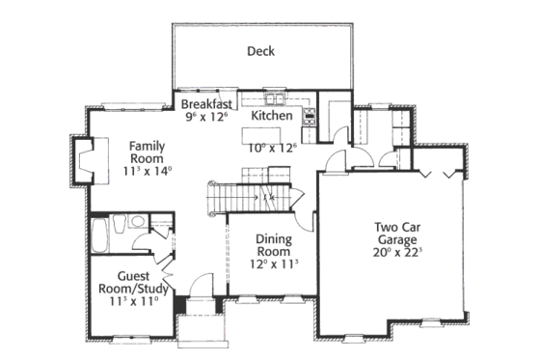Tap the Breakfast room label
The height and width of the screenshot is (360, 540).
[x=204, y=103]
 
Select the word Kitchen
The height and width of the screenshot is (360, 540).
[x=272, y=116]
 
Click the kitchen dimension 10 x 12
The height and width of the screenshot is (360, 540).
[x=272, y=148]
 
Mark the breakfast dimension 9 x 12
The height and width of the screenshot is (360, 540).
[x=204, y=117]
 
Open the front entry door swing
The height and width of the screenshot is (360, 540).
[x=200, y=286]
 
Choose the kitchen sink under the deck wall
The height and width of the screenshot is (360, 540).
[x=271, y=97]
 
